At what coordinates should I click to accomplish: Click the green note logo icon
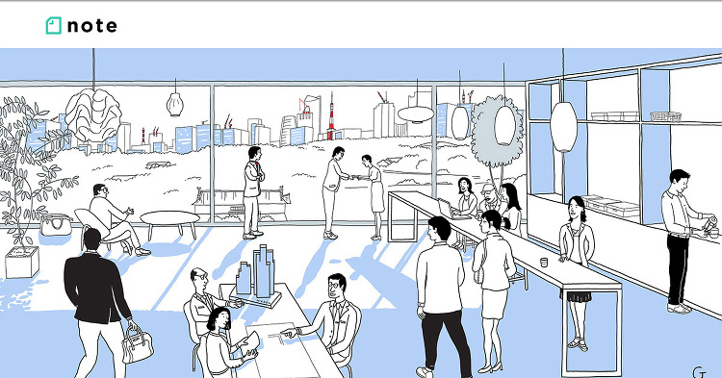coord(53,26)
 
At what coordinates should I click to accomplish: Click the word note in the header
coord(92,26)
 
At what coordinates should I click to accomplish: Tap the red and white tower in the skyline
coord(330,120)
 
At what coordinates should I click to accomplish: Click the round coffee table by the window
coord(169,218)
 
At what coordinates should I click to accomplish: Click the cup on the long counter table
coord(544,263)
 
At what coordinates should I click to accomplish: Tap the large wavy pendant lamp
coord(93,114)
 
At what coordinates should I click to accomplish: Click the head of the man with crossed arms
coord(254,153)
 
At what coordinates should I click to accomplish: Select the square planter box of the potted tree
coord(22,262)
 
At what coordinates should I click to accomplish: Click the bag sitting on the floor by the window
coord(56,225)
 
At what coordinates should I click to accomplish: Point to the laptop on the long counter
coord(446,209)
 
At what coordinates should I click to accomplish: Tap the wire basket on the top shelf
coord(665,116)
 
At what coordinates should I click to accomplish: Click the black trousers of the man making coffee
coord(678,268)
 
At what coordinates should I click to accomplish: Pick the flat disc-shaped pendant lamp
coord(415,114)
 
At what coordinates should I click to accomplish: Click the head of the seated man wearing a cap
coord(487,191)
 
